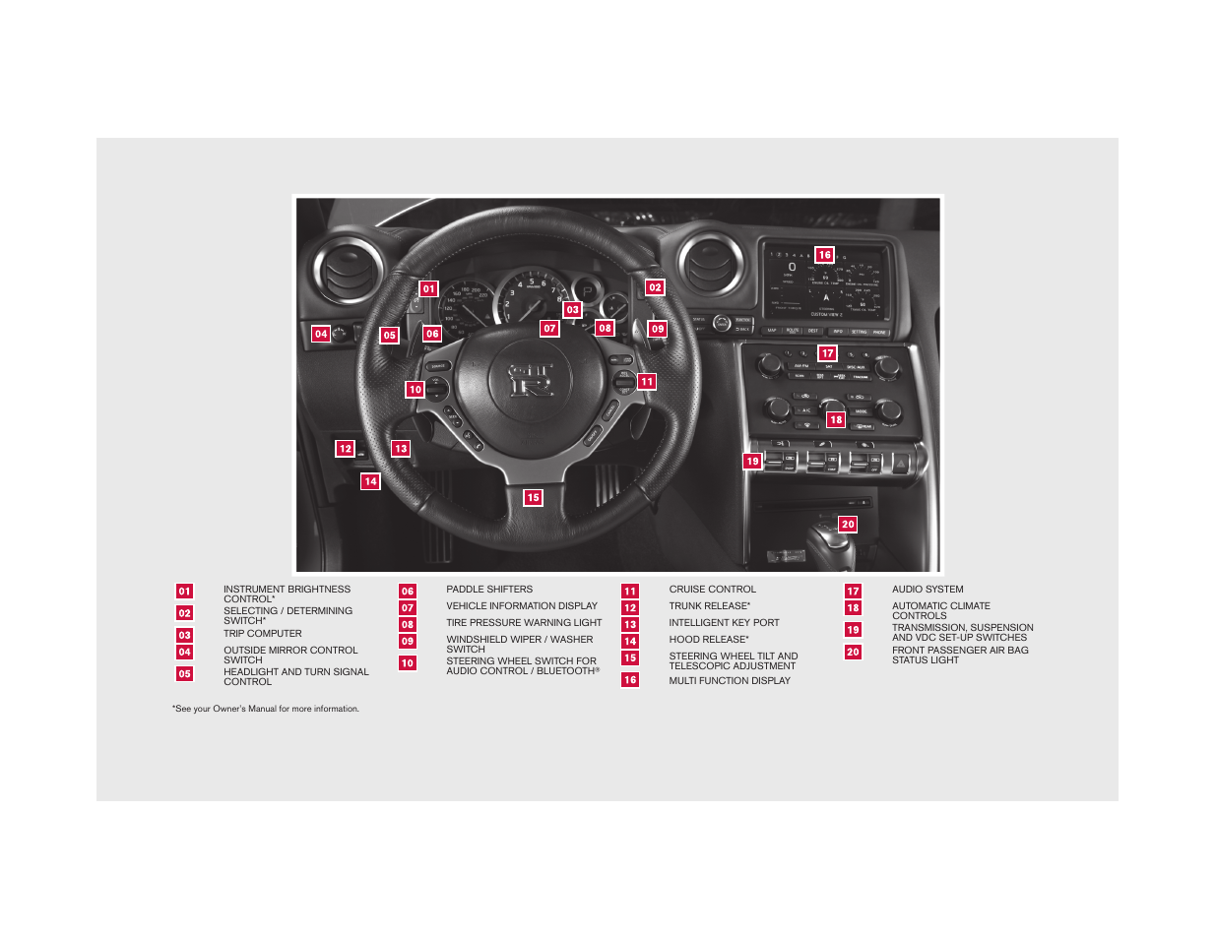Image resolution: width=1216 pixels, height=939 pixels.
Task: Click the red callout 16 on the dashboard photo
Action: point(824,255)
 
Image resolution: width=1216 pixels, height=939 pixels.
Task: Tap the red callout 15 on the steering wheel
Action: point(533,498)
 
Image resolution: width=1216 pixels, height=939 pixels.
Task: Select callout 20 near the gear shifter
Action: point(848,525)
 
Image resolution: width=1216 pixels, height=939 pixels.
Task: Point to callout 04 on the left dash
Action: point(321,334)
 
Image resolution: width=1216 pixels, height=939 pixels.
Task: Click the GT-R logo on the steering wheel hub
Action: point(531,379)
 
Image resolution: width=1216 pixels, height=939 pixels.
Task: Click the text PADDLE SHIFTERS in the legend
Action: point(489,590)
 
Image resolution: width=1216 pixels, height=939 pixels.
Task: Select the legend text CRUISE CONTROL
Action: point(712,590)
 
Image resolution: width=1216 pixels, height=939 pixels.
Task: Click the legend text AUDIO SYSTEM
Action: point(928,590)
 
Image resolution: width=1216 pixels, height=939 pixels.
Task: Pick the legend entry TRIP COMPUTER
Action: point(262,634)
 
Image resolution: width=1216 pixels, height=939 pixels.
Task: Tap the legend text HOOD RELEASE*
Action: point(709,640)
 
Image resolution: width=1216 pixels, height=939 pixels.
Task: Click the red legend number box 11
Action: point(630,592)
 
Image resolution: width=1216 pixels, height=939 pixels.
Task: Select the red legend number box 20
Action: point(853,652)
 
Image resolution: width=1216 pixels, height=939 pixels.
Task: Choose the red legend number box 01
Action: point(185,592)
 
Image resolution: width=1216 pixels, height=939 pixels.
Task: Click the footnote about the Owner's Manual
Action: point(266,709)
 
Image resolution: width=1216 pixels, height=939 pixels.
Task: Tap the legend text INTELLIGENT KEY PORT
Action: point(724,623)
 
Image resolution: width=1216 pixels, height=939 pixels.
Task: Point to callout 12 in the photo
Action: point(345,449)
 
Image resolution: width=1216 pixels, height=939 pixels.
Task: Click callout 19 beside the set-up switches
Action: point(752,462)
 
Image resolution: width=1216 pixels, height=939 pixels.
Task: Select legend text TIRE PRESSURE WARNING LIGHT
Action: point(524,623)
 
